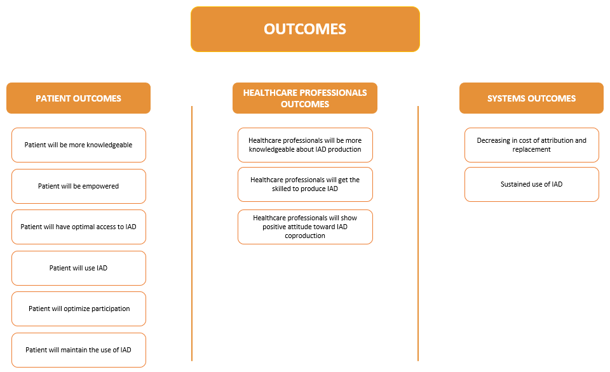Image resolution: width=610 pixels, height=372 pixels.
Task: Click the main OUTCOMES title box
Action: pos(305,29)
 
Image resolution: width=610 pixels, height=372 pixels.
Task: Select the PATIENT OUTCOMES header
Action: pos(78,98)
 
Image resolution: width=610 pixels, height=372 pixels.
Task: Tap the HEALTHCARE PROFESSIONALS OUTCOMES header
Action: pos(304,98)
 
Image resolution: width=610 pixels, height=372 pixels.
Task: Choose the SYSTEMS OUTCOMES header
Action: pos(531,98)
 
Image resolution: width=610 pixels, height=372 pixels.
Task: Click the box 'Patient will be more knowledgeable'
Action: pos(79,145)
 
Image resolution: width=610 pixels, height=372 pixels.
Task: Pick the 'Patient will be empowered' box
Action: pos(79,186)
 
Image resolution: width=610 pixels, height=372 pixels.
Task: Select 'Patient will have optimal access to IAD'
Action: pos(79,227)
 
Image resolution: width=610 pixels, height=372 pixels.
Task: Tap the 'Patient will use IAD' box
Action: pos(79,269)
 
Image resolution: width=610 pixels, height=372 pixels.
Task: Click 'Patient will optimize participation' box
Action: pos(79,309)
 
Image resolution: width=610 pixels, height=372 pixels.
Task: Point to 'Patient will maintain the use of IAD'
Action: pos(79,350)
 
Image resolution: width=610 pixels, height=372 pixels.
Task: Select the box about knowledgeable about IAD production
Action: pos(305,145)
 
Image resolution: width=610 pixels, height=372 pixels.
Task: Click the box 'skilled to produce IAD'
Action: pos(305,184)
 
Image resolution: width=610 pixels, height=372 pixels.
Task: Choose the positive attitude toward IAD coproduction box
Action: pos(305,227)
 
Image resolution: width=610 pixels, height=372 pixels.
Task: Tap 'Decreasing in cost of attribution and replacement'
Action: pos(531,145)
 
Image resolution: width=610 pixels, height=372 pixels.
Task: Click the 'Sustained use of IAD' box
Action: pos(531,184)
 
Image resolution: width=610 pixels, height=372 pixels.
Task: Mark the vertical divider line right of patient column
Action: pos(192,233)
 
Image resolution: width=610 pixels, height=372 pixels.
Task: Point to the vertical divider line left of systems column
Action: pos(418,233)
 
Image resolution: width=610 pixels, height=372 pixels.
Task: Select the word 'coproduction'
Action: pos(305,236)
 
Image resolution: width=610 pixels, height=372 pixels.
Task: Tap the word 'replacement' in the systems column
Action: pos(531,150)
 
